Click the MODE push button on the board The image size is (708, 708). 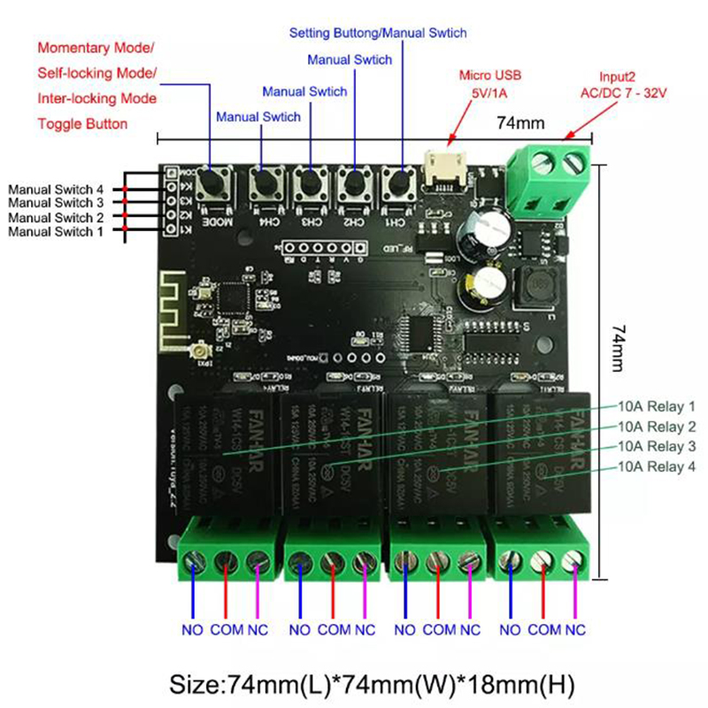pyautogui.click(x=212, y=184)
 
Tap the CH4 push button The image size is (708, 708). pyautogui.click(x=263, y=184)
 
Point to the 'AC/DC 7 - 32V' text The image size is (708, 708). pyautogui.click(x=622, y=92)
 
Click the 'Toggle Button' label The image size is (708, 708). pyautogui.click(x=82, y=124)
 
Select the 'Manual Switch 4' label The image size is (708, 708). pyautogui.click(x=56, y=189)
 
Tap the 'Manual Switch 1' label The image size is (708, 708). pyautogui.click(x=56, y=231)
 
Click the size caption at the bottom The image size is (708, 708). pyautogui.click(x=354, y=682)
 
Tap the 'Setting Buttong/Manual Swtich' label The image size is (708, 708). pyautogui.click(x=378, y=33)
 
